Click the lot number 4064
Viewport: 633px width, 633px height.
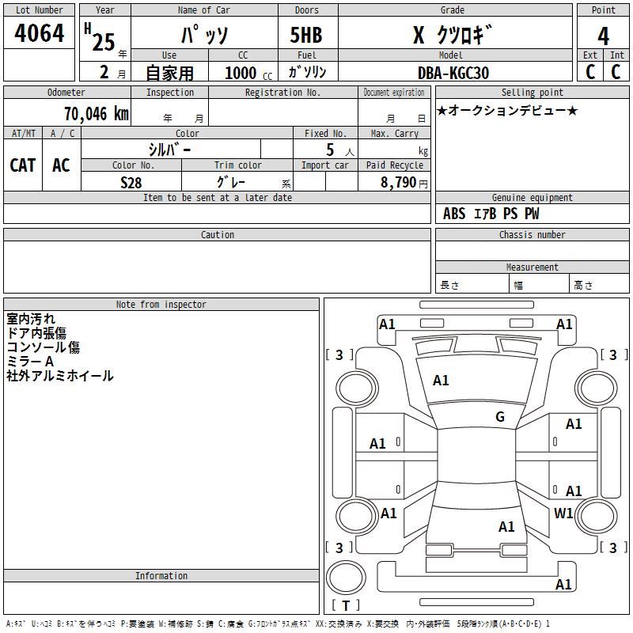click(x=39, y=33)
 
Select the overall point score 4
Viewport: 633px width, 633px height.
click(x=603, y=36)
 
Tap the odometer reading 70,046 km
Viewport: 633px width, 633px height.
click(x=97, y=114)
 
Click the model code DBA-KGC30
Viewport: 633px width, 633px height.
click(x=453, y=73)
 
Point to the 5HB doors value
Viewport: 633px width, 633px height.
click(x=306, y=35)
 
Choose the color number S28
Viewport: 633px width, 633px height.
click(x=131, y=183)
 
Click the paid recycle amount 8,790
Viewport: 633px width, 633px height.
click(x=399, y=183)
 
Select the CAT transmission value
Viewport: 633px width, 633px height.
click(x=23, y=165)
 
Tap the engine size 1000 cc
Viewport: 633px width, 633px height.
click(x=248, y=74)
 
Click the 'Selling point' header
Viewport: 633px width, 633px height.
click(x=532, y=93)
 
